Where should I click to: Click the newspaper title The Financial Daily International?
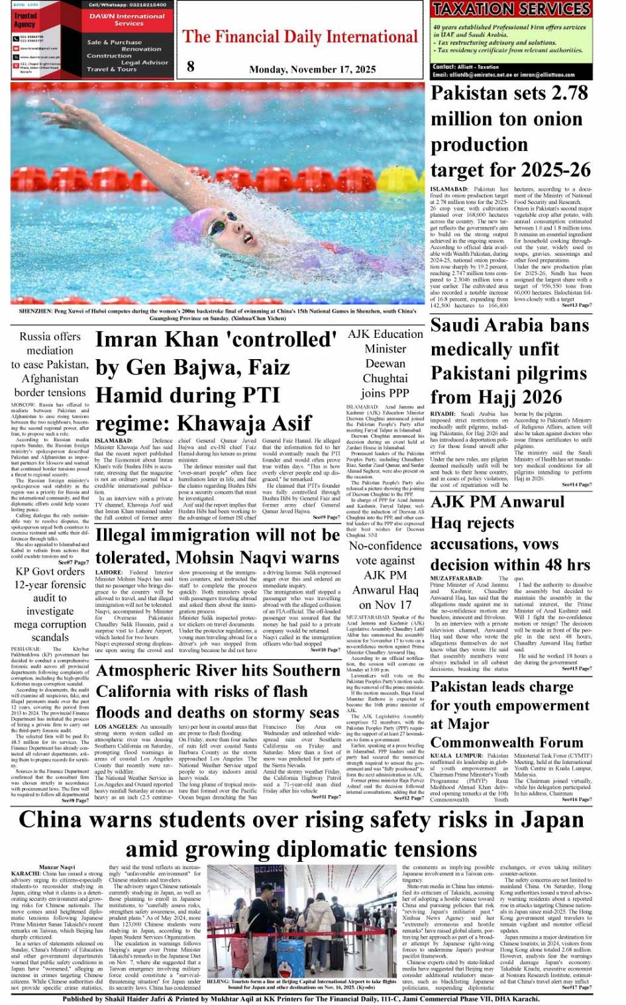click(x=300, y=37)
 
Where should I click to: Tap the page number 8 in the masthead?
click(x=191, y=66)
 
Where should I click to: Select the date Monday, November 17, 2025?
click(x=312, y=70)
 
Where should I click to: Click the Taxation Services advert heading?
click(x=511, y=9)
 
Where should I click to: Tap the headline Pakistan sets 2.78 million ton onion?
click(x=509, y=131)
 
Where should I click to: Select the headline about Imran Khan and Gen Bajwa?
click(x=216, y=381)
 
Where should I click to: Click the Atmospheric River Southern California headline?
click(x=218, y=691)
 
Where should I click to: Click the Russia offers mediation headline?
click(x=49, y=364)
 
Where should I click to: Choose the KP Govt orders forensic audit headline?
click(x=50, y=604)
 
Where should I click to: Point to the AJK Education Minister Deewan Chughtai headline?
click(x=386, y=364)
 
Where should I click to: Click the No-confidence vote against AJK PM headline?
click(x=386, y=574)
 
